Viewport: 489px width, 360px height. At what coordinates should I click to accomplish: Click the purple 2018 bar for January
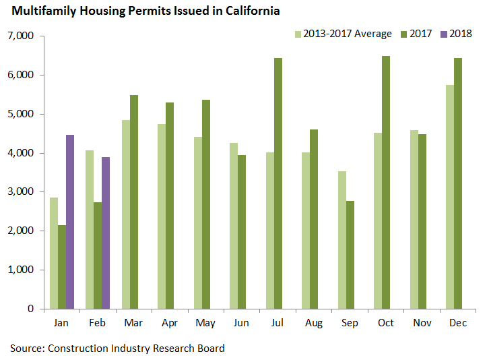[70, 222]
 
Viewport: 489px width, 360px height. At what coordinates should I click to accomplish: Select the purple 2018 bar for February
[106, 233]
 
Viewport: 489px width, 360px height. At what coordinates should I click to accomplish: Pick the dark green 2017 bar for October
[385, 182]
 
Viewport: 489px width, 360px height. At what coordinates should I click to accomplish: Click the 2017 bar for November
[422, 222]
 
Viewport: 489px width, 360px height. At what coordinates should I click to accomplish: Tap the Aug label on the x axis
[314, 324]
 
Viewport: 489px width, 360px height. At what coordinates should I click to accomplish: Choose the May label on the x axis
[205, 324]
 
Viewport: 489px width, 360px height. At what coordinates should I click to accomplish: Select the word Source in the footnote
[25, 348]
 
